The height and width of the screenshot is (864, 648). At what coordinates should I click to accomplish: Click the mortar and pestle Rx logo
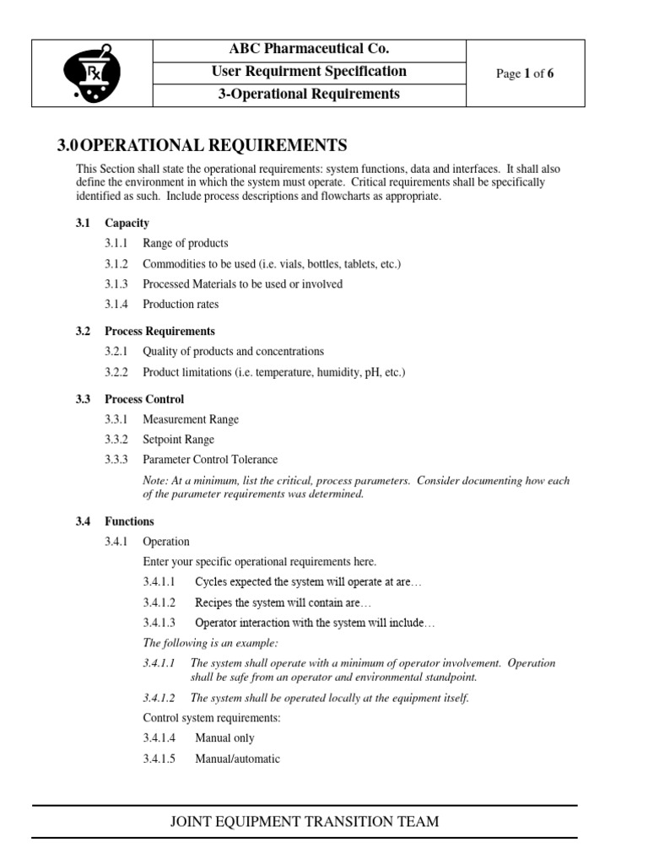pos(92,73)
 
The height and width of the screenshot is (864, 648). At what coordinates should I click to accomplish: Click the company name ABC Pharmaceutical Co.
pos(309,49)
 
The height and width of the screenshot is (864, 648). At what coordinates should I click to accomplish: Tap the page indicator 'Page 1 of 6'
pos(525,73)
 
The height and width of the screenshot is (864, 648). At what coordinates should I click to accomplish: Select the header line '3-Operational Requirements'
pos(309,94)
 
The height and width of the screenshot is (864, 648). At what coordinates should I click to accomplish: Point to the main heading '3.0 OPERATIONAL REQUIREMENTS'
pos(202,145)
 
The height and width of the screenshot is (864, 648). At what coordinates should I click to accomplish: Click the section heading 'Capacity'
pos(127,223)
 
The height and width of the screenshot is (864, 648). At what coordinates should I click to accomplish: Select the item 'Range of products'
pos(185,243)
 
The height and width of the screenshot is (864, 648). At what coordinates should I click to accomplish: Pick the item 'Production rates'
pos(181,304)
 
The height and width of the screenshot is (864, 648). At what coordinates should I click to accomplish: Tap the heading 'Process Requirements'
pos(159,331)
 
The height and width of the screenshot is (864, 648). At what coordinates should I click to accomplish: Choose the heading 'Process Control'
pos(144,399)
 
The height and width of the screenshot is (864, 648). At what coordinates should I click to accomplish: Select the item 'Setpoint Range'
pos(178,440)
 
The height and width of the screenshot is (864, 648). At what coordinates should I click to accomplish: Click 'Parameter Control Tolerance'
pos(209,460)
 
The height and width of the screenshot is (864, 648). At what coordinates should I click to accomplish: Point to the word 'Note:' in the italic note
pos(157,481)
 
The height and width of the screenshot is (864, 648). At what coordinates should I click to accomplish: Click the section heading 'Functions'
pos(129,521)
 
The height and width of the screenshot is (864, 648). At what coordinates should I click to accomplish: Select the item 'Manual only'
pos(224,738)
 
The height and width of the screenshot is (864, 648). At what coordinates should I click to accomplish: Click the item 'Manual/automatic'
pos(237,759)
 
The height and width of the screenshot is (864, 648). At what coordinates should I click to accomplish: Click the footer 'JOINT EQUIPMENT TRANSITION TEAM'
pos(305,821)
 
